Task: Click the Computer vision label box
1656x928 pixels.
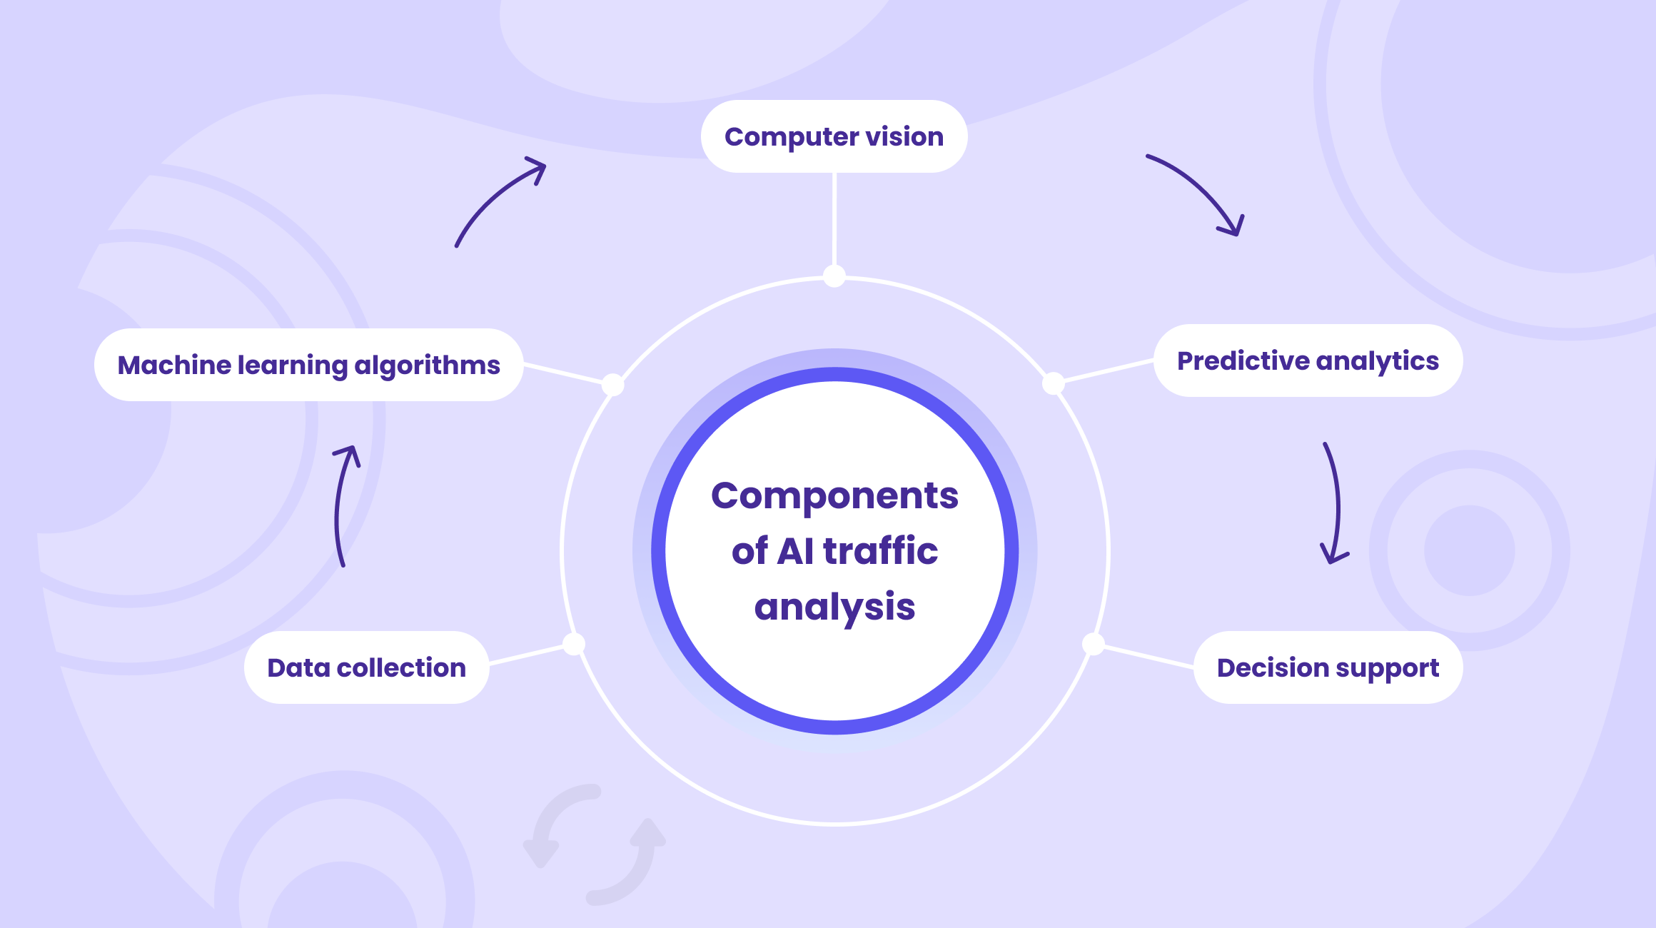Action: [834, 136]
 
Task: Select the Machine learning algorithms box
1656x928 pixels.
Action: [309, 365]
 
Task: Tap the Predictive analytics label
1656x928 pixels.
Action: [1308, 360]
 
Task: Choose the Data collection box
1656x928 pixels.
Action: [367, 667]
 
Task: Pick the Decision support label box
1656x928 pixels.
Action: [1328, 667]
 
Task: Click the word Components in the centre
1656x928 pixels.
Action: [834, 495]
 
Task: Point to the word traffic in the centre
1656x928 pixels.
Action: [881, 550]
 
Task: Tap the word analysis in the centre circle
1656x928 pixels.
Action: [834, 607]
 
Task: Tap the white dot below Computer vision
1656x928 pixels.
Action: [834, 276]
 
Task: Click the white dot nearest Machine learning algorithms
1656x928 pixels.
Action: [612, 385]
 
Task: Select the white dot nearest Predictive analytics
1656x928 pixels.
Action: [1054, 383]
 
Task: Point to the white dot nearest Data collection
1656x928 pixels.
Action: [574, 644]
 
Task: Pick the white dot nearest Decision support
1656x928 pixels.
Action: [1094, 644]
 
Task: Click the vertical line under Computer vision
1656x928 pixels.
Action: [834, 218]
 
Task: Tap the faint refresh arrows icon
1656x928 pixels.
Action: [594, 844]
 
